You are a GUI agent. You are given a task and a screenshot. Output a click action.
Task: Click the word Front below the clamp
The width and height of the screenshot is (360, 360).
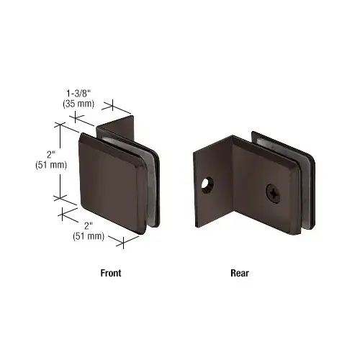(111, 273)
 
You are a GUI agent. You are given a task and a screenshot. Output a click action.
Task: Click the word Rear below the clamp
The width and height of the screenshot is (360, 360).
(239, 273)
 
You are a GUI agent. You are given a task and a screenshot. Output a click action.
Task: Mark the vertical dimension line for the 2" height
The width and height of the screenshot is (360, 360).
(58, 161)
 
